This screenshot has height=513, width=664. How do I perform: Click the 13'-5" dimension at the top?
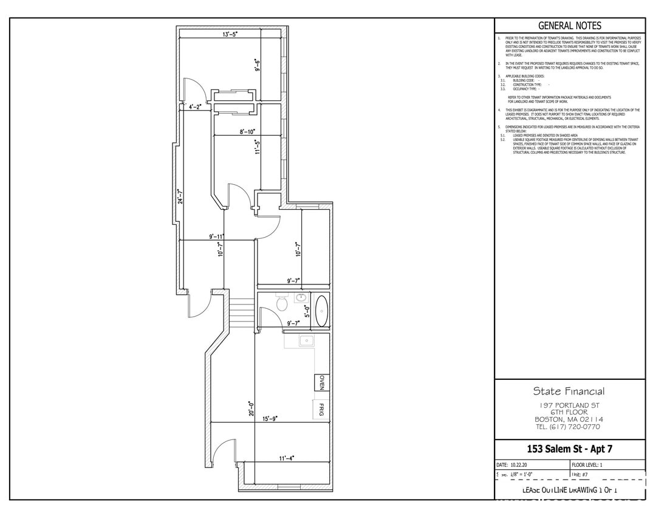point(230,35)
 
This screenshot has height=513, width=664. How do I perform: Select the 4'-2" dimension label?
point(196,106)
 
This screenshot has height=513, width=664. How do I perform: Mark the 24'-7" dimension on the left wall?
point(179,198)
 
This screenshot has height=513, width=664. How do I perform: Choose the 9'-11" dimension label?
point(216,236)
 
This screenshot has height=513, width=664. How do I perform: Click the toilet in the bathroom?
point(281,303)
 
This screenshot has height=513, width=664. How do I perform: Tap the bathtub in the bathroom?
point(321,309)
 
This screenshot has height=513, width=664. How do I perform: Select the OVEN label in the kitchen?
point(322,384)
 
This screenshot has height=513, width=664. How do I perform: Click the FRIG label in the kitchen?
point(322,410)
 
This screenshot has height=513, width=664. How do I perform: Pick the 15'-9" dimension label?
point(270,419)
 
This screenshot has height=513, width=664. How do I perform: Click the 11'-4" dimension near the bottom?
point(286,459)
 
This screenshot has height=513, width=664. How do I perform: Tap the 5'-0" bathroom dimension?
point(307,312)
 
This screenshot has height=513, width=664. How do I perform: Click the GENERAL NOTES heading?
point(570,26)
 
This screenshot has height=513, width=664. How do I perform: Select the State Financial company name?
point(569,391)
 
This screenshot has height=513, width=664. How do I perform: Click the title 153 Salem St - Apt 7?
point(569,449)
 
